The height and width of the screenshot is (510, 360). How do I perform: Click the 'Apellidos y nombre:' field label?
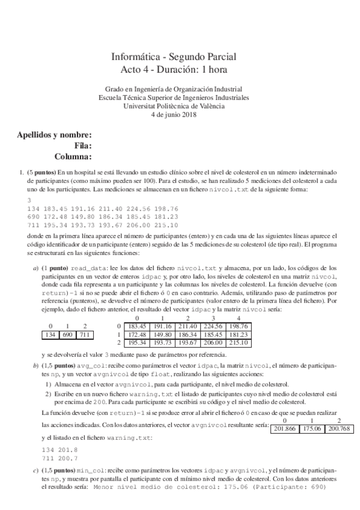[55, 135]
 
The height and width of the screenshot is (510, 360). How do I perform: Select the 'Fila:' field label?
[82, 146]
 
